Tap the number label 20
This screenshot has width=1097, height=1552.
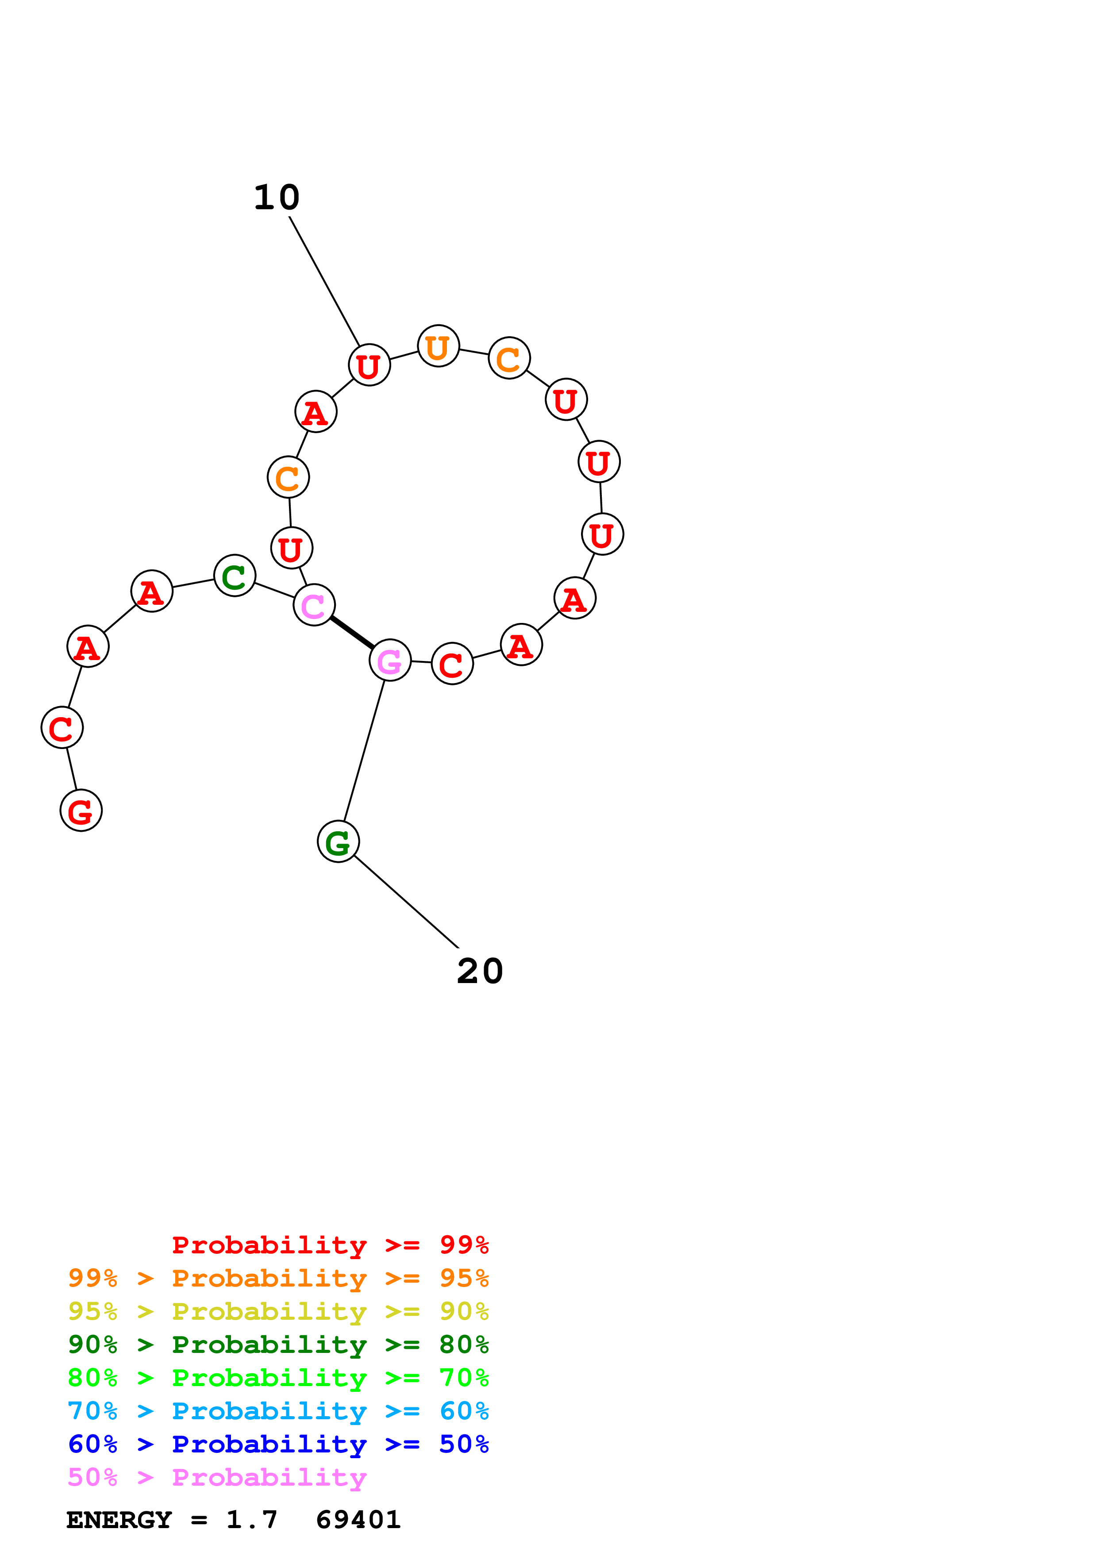coord(480,972)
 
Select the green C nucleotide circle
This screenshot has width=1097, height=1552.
coord(235,576)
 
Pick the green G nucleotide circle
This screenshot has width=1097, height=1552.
coord(338,841)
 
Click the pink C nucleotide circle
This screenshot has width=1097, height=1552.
coord(314,606)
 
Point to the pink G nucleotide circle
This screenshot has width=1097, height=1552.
coord(390,661)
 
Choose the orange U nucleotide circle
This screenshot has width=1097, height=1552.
coord(439,346)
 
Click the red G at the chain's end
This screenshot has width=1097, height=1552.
coord(81,811)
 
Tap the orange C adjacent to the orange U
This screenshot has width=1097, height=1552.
coord(509,358)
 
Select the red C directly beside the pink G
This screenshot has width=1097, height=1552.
coord(452,664)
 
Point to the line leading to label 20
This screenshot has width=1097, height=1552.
coord(405,901)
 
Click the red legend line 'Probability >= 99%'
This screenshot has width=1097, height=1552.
coord(330,1245)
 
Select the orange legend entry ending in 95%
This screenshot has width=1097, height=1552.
coord(278,1278)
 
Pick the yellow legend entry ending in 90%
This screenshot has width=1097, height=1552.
coord(278,1311)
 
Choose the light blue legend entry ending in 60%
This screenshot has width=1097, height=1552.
coord(278,1411)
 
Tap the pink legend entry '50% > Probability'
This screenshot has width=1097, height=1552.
coord(217,1478)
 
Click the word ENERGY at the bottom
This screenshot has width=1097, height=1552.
coord(119,1520)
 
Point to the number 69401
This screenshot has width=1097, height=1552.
coord(358,1520)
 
